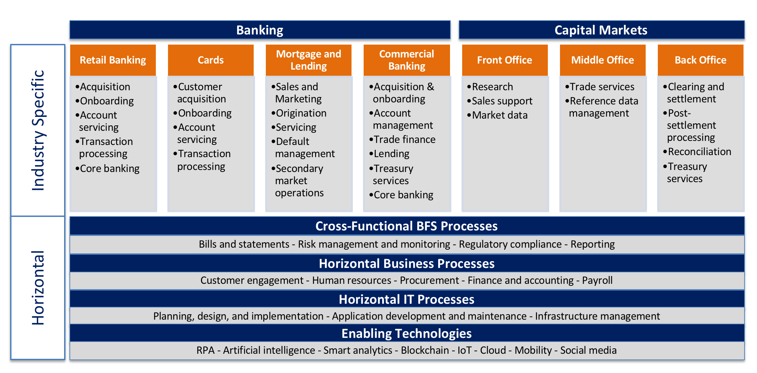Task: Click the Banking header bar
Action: pyautogui.click(x=260, y=30)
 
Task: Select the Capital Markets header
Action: pyautogui.click(x=601, y=30)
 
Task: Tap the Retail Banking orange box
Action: pyautogui.click(x=113, y=60)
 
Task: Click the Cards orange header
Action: pyautogui.click(x=211, y=60)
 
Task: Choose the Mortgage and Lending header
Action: pyautogui.click(x=308, y=60)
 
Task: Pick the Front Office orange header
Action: pyautogui.click(x=504, y=60)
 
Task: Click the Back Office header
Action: pyautogui.click(x=700, y=60)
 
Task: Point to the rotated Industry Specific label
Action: pyautogui.click(x=38, y=130)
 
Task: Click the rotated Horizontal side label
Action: pyautogui.click(x=38, y=288)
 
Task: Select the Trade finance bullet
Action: pyautogui.click(x=404, y=140)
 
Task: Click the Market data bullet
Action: pyautogui.click(x=499, y=115)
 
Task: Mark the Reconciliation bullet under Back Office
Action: pyautogui.click(x=699, y=152)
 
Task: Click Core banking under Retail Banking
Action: pyautogui.click(x=109, y=169)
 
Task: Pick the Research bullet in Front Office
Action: pyautogui.click(x=492, y=87)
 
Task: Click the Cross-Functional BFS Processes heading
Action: pyautogui.click(x=406, y=226)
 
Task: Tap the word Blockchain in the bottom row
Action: pyautogui.click(x=424, y=350)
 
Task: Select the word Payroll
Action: pyautogui.click(x=597, y=280)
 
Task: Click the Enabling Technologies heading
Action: pyautogui.click(x=406, y=333)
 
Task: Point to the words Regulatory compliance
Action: pyautogui.click(x=510, y=244)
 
